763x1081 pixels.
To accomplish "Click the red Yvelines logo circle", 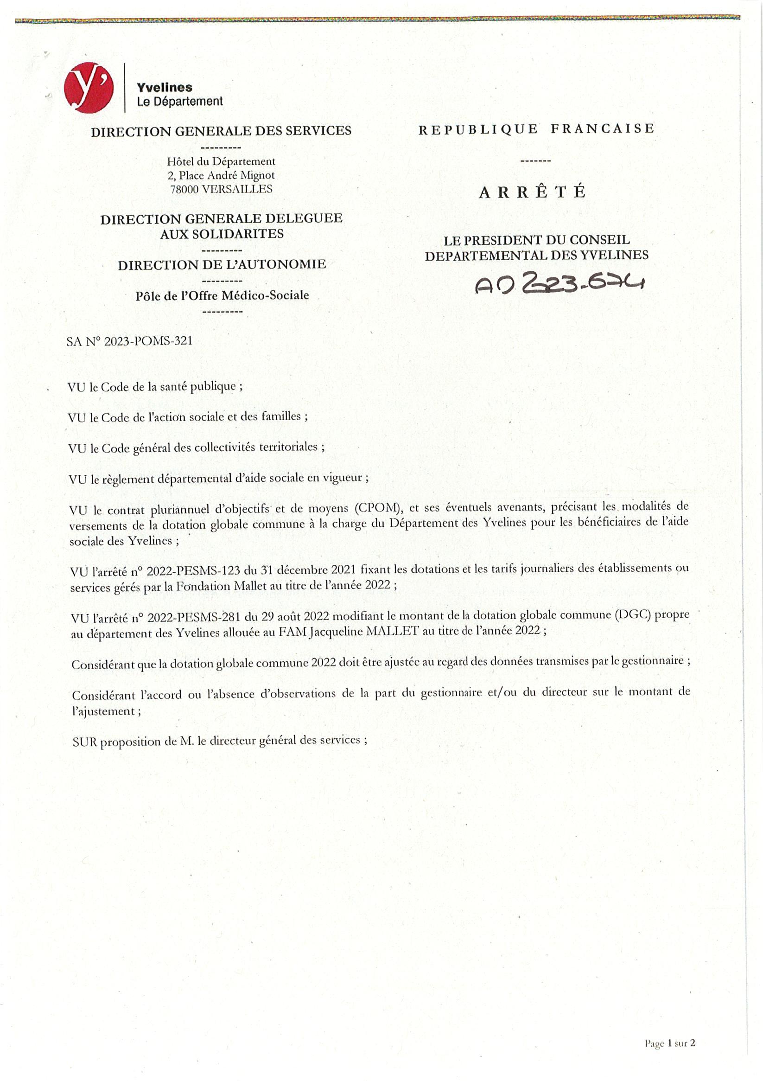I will point(89,88).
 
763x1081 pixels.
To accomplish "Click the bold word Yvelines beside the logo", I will point(164,88).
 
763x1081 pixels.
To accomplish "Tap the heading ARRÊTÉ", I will point(532,192).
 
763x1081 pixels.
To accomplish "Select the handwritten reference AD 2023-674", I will point(559,283).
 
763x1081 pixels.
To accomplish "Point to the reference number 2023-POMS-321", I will point(148,341).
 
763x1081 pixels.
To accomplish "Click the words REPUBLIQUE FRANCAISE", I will point(536,129).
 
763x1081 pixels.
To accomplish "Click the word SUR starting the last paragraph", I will point(85,742).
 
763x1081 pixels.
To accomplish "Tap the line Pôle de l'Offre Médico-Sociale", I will point(222,296).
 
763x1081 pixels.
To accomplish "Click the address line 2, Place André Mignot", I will point(221,176).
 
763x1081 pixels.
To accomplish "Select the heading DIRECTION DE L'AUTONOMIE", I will point(222,265).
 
